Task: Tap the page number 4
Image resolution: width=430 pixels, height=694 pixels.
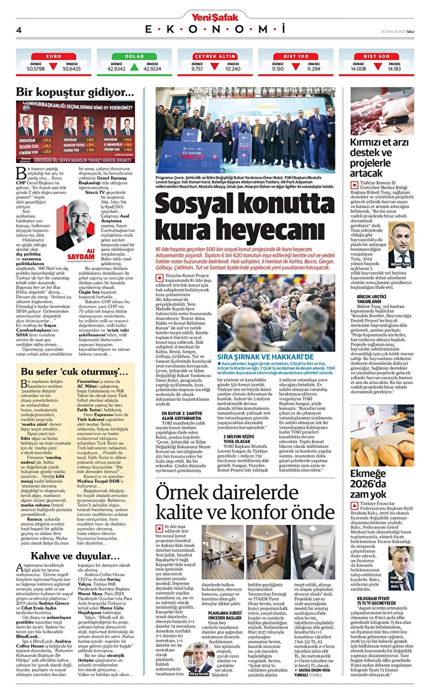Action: pyautogui.click(x=19, y=30)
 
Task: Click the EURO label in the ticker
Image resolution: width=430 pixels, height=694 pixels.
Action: pyautogui.click(x=54, y=56)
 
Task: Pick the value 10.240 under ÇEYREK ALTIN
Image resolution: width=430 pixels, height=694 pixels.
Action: pyautogui.click(x=234, y=69)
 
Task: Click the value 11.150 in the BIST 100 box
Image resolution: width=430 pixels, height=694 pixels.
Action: pyautogui.click(x=278, y=69)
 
